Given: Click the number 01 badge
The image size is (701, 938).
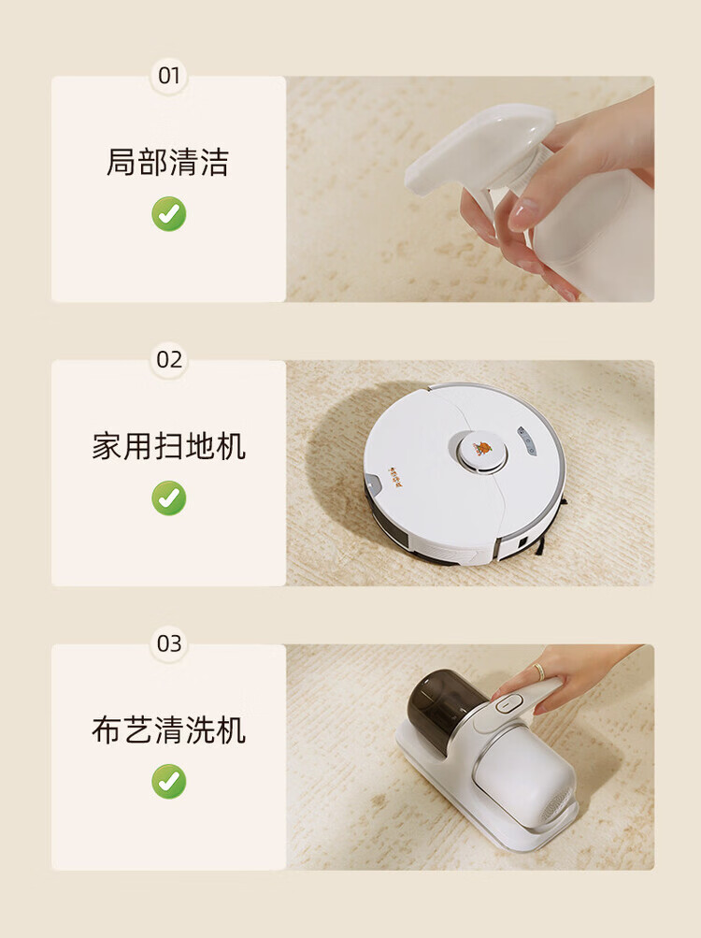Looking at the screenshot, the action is click(168, 76).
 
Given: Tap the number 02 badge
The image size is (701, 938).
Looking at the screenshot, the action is click(168, 359).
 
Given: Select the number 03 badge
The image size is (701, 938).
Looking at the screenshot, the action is click(168, 643).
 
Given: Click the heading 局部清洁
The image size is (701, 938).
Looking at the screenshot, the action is click(167, 162).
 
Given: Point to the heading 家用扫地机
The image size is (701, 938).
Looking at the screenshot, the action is click(168, 446).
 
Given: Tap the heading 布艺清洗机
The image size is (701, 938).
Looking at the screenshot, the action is click(168, 730).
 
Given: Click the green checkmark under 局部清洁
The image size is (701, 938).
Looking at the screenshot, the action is click(168, 213).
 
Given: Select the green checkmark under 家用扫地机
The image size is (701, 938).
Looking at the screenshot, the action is click(168, 498).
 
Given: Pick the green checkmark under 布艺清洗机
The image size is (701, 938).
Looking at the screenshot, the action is click(168, 781).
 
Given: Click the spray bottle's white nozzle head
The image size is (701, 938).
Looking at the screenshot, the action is click(479, 147).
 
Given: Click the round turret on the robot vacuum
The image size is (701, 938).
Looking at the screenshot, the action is click(482, 453).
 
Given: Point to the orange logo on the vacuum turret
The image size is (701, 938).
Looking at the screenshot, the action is click(482, 448).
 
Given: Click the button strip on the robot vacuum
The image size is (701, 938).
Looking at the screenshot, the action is click(526, 441).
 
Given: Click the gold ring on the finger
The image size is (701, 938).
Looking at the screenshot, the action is click(539, 671).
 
